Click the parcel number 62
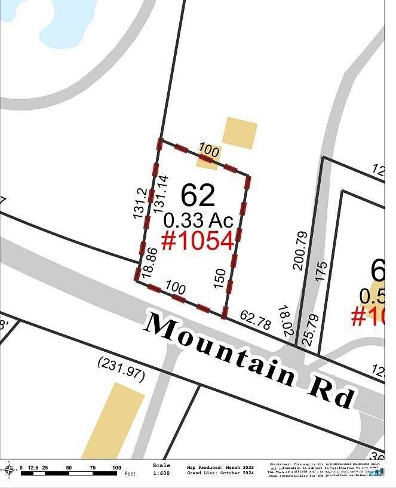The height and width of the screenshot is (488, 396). pos(198,195)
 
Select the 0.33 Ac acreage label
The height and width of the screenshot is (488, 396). pos(197,219)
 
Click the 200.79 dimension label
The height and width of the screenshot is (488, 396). pos(300,251)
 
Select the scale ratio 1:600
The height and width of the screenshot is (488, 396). pos(161,473)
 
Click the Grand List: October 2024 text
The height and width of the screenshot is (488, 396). pos(220,473)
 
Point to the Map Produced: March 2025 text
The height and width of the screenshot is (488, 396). pos(220,467)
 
